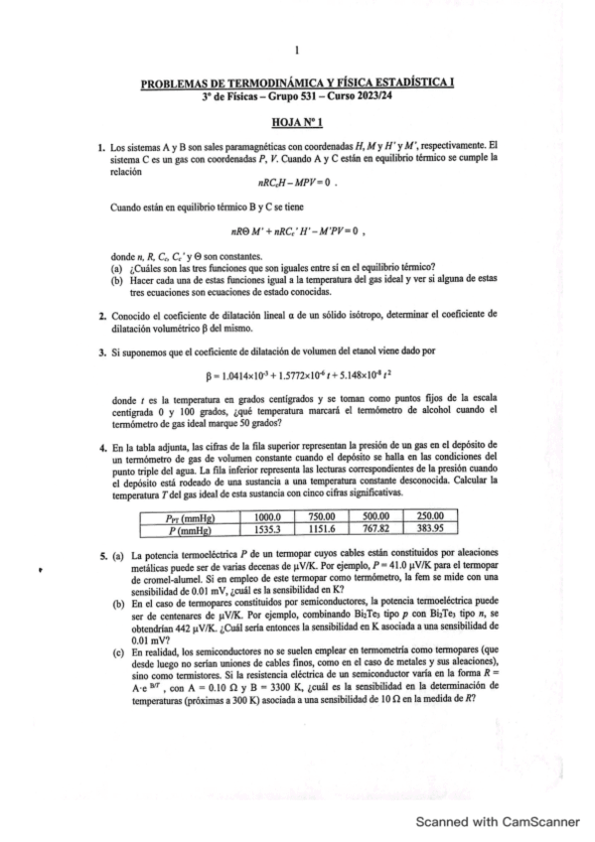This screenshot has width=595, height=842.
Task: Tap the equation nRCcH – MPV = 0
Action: [x=297, y=182]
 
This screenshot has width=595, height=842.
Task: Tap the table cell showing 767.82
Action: [x=375, y=530]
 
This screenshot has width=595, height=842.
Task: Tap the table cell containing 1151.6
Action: [x=322, y=530]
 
